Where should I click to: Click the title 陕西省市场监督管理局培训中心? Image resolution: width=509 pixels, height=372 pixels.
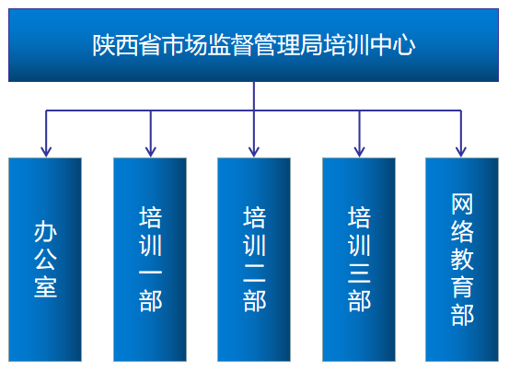pyautogui.click(x=253, y=45)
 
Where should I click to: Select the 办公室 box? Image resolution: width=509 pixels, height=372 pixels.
pyautogui.click(x=45, y=260)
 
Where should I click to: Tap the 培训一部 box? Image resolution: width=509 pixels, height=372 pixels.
pyautogui.click(x=150, y=260)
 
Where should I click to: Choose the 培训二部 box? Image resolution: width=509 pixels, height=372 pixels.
pyautogui.click(x=254, y=260)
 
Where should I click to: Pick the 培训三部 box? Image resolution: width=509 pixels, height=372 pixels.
pyautogui.click(x=359, y=260)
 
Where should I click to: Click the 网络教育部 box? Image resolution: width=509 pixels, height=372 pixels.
pyautogui.click(x=462, y=260)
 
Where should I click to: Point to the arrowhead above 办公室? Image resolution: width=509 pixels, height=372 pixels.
pyautogui.click(x=46, y=152)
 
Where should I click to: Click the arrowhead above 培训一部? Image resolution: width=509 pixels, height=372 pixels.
pyautogui.click(x=151, y=152)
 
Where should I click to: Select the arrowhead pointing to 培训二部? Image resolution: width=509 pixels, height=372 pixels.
pyautogui.click(x=254, y=152)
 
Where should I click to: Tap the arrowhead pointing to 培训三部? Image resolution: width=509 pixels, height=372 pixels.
pyautogui.click(x=359, y=152)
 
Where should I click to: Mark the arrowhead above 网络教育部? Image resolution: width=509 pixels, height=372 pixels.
pyautogui.click(x=461, y=152)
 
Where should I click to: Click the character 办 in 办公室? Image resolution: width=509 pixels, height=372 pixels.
pyautogui.click(x=45, y=231)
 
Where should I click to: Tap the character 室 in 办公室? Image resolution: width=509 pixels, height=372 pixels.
pyautogui.click(x=45, y=287)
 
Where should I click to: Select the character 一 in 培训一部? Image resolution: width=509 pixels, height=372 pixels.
pyautogui.click(x=150, y=272)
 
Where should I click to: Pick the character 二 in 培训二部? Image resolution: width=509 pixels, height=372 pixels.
pyautogui.click(x=254, y=273)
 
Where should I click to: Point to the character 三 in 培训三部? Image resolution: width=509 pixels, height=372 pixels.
pyautogui.click(x=359, y=273)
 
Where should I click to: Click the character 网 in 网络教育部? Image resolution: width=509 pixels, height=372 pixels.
pyautogui.click(x=462, y=203)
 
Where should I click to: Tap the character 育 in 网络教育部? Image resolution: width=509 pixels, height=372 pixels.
pyautogui.click(x=462, y=287)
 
